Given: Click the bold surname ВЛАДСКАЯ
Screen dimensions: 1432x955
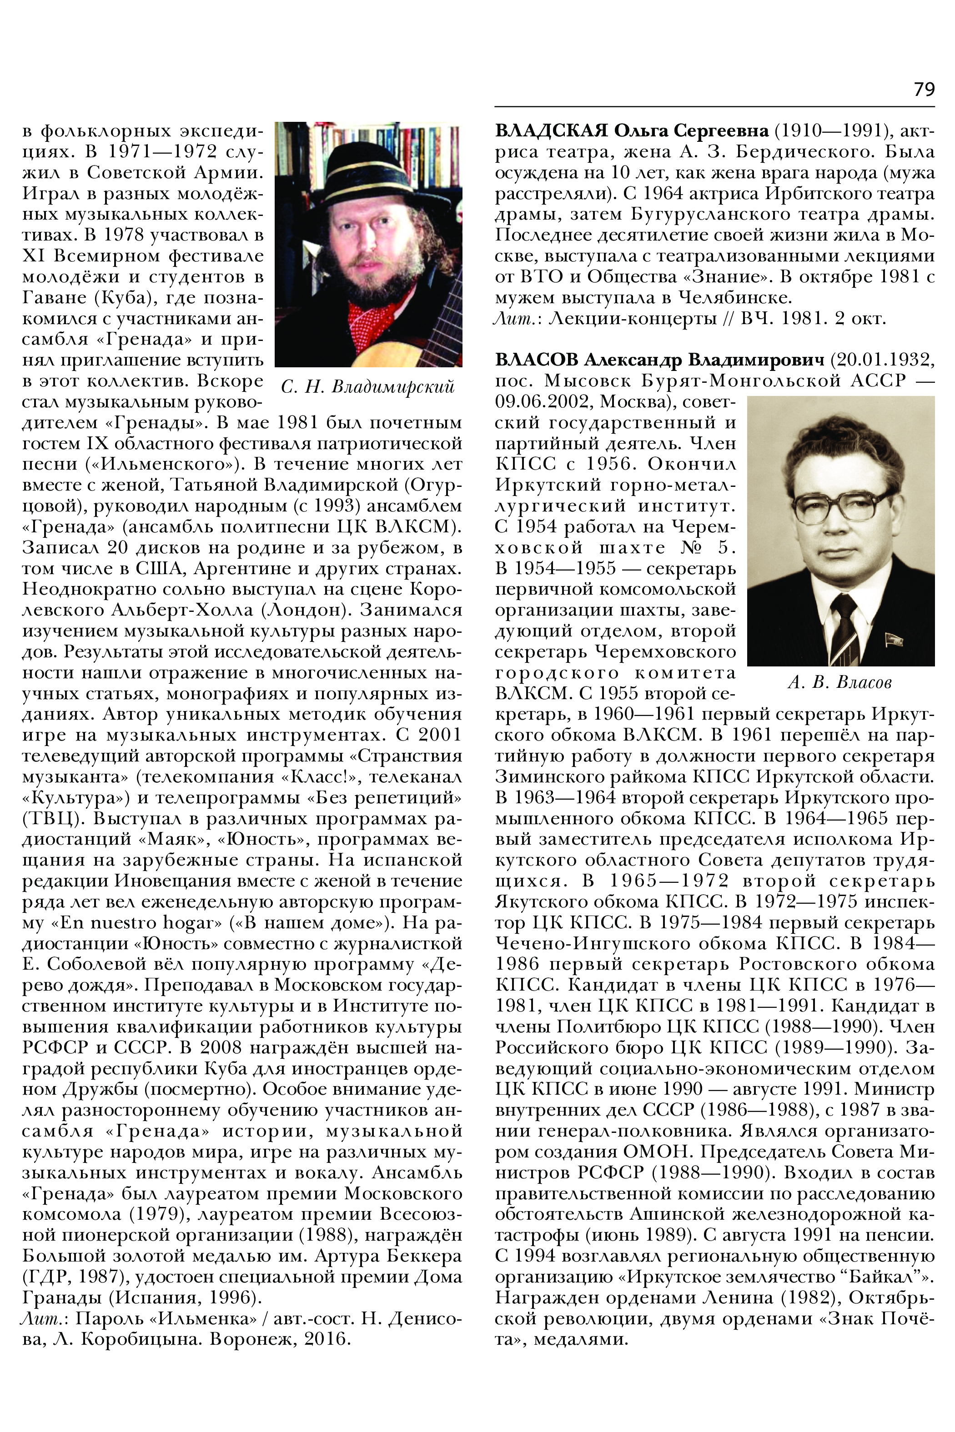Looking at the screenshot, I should click(551, 131).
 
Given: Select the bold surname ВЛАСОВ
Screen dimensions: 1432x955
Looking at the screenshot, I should click(536, 361).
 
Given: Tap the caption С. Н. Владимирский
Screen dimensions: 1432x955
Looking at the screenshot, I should click(368, 387).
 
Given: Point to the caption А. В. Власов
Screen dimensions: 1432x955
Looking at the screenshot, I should click(840, 682).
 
